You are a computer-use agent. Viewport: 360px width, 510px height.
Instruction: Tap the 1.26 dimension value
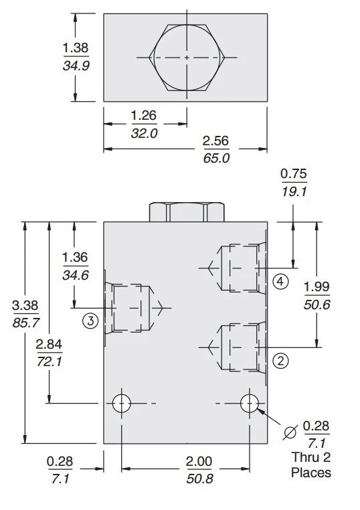tap(143, 115)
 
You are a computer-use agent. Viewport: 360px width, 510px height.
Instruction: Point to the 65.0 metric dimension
tap(215, 158)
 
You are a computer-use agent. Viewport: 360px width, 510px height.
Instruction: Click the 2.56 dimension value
tap(215, 141)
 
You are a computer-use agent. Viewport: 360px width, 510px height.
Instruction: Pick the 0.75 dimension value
tap(294, 174)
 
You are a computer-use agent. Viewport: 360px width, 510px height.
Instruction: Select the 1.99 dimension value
tap(317, 286)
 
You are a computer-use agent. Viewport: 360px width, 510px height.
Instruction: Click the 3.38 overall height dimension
tap(25, 305)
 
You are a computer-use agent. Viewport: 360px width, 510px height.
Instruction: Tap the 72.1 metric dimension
tap(49, 362)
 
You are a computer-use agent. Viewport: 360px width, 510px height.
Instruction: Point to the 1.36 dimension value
tap(74, 257)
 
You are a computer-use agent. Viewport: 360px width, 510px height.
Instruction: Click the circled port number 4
tap(280, 282)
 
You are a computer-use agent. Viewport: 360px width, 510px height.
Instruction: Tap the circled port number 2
tap(281, 360)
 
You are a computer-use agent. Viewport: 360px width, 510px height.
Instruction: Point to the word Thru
tap(304, 458)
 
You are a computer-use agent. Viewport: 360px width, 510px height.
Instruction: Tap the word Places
tap(311, 473)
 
